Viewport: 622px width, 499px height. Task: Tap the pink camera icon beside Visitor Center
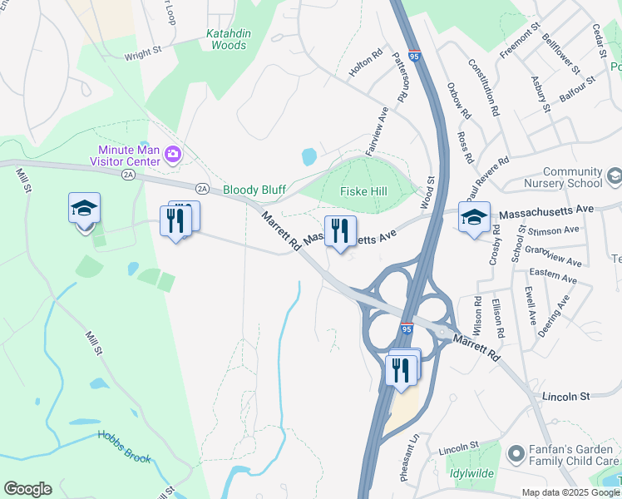(173, 153)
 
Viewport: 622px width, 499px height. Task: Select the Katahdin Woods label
(227, 40)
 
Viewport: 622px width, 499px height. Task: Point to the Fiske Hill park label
(363, 191)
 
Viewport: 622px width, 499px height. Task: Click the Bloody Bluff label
(254, 190)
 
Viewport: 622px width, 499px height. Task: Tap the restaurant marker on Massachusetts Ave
(340, 230)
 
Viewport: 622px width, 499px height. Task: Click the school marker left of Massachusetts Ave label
(474, 216)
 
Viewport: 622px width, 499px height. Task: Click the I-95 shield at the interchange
(407, 329)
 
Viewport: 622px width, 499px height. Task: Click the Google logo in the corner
(27, 489)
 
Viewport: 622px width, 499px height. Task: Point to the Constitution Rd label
(483, 86)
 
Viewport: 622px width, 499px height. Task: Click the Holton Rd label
(365, 64)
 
